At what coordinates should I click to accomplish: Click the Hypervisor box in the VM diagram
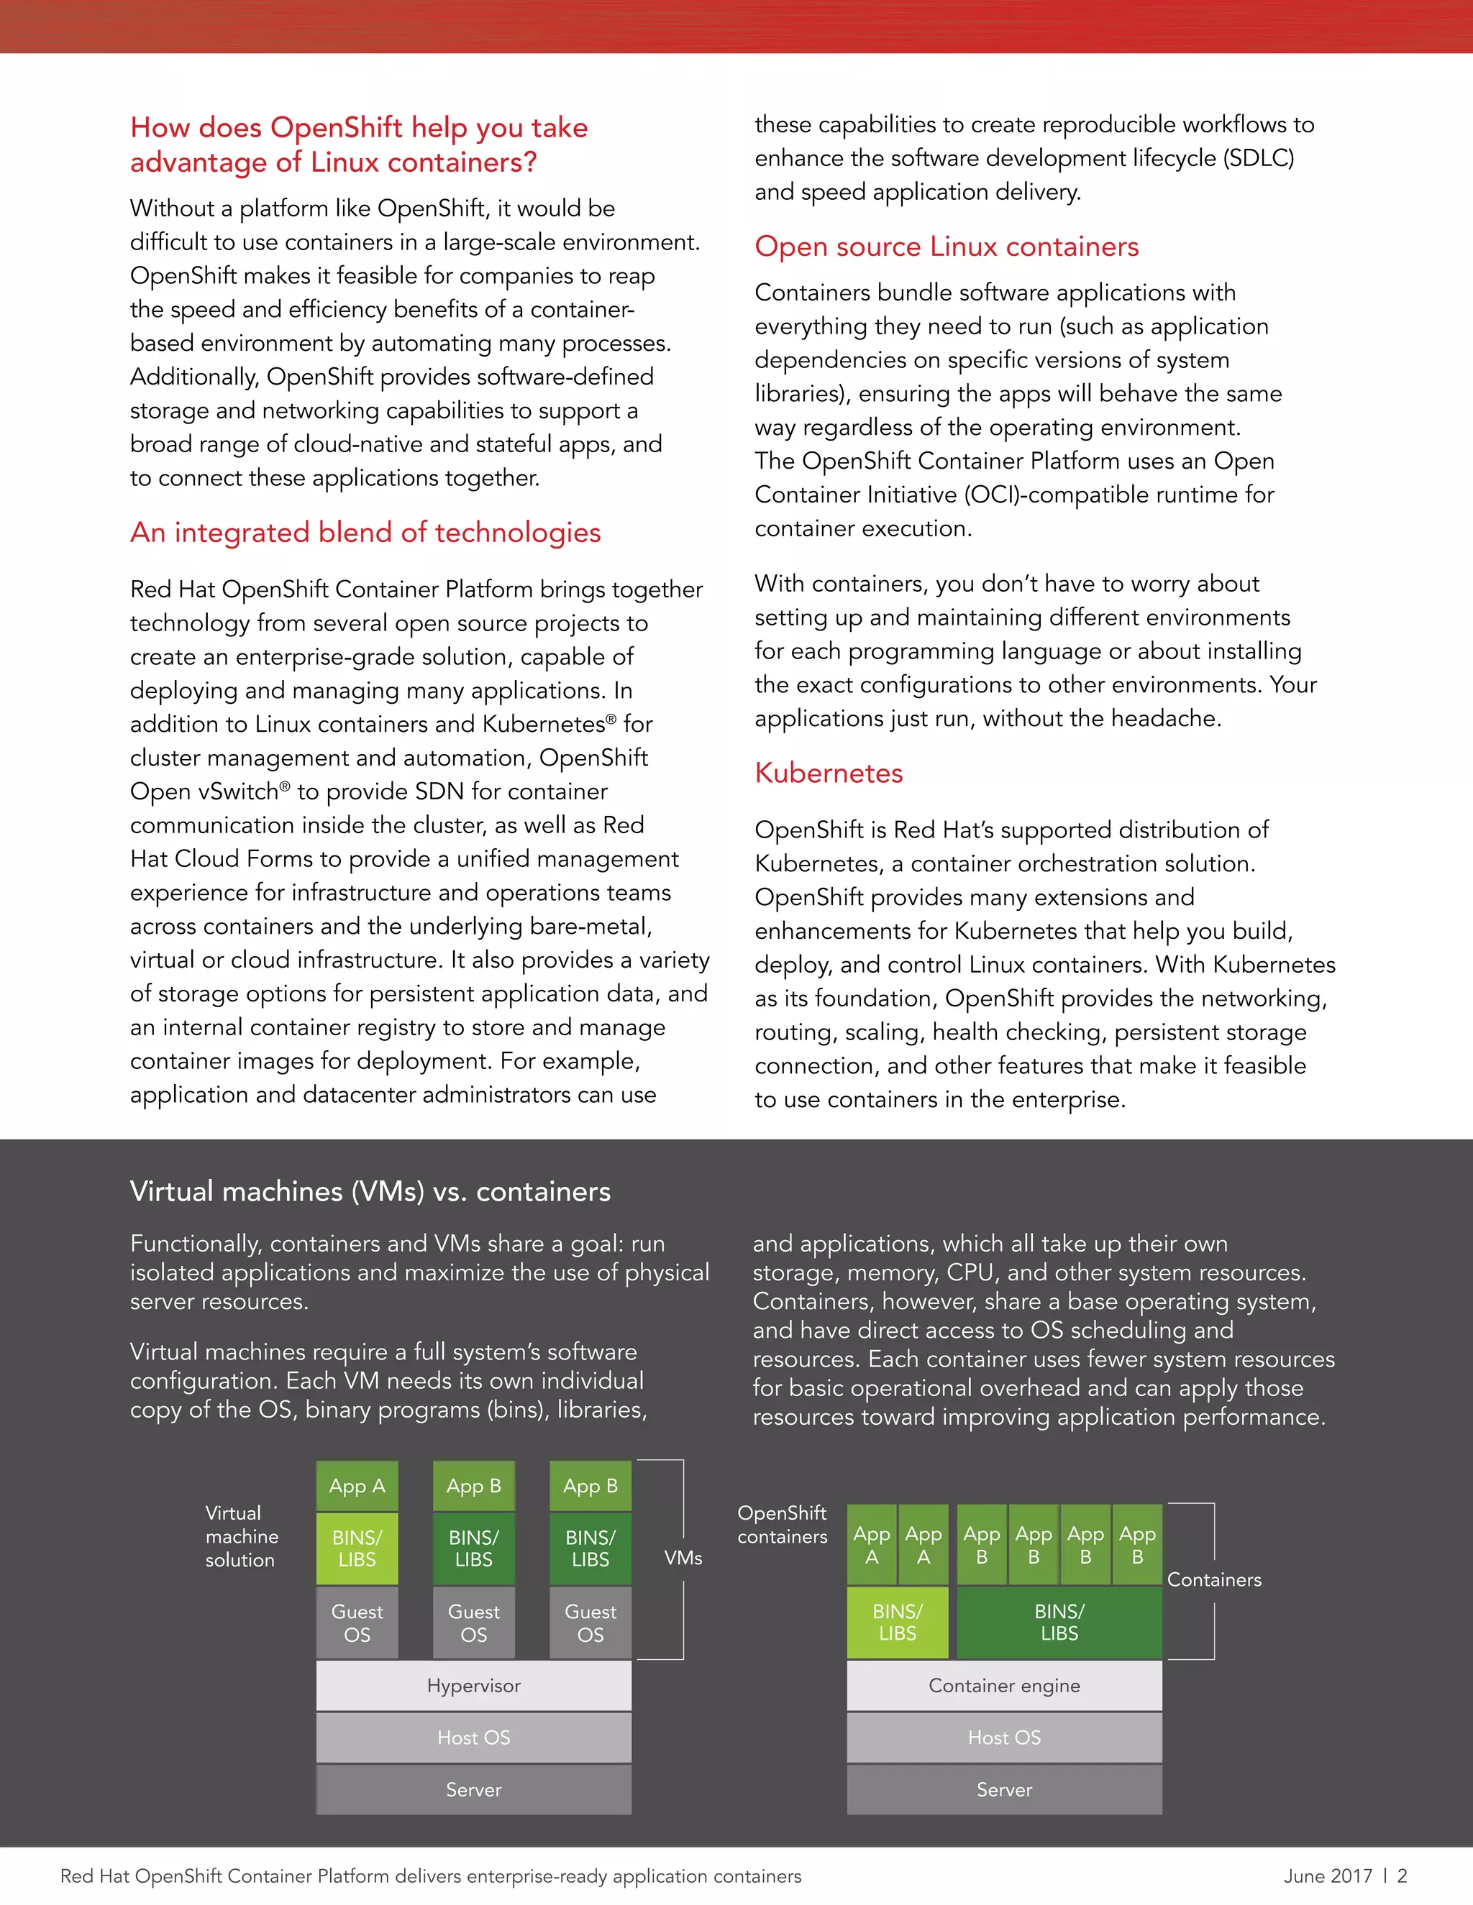[x=473, y=1685]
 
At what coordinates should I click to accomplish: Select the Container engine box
[x=1003, y=1685]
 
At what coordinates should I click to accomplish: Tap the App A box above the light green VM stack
[x=357, y=1485]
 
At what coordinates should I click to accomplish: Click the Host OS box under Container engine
[x=1003, y=1737]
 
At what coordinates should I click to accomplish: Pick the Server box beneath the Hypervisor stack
[x=473, y=1789]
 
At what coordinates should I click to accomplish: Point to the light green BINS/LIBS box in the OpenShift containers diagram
[x=897, y=1622]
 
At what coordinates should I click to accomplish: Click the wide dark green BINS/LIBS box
[x=1059, y=1622]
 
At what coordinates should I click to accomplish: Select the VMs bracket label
[x=683, y=1558]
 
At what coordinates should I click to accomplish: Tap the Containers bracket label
[x=1214, y=1579]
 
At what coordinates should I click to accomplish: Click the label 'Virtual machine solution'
[x=241, y=1536]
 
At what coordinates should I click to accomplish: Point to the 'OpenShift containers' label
[x=782, y=1524]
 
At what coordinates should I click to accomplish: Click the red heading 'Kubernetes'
[x=828, y=773]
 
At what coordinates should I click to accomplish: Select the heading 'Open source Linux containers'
[x=946, y=246]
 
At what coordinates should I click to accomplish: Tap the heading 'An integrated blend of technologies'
[x=365, y=532]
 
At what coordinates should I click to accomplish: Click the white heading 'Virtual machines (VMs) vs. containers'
[x=370, y=1190]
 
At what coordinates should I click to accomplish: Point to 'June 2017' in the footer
[x=1327, y=1876]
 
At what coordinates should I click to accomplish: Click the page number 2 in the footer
[x=1403, y=1876]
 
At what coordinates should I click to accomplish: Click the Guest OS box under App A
[x=357, y=1622]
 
